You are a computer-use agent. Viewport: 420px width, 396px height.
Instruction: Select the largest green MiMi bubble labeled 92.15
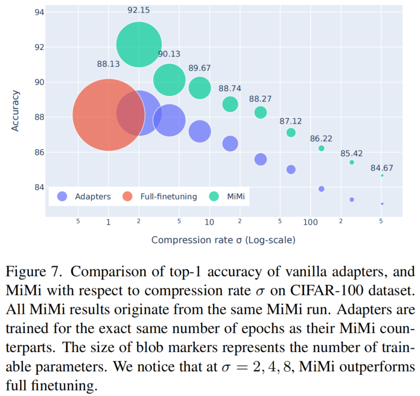point(139,44)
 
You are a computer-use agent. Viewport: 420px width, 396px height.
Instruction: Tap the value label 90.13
point(169,54)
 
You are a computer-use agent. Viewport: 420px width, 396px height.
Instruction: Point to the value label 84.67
point(381,168)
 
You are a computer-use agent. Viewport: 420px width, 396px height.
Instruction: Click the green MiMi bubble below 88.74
point(230,104)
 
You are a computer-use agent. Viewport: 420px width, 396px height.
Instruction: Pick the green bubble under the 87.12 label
point(291,133)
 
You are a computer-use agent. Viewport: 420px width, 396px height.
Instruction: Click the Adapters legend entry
point(84,197)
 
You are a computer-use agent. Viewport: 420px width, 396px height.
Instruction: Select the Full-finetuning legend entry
point(159,197)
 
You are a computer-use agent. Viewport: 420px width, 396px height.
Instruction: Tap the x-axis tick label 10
point(209,222)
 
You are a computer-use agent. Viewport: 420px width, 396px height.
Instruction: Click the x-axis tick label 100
point(310,222)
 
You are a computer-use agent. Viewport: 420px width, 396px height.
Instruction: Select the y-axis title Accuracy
point(15,111)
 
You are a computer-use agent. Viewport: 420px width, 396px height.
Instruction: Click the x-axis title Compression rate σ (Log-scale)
point(223,240)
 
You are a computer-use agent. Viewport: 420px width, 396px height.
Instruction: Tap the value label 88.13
point(108,63)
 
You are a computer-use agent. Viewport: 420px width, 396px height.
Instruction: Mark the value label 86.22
point(321,139)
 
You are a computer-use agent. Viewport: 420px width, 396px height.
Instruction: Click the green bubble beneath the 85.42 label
point(352,162)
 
